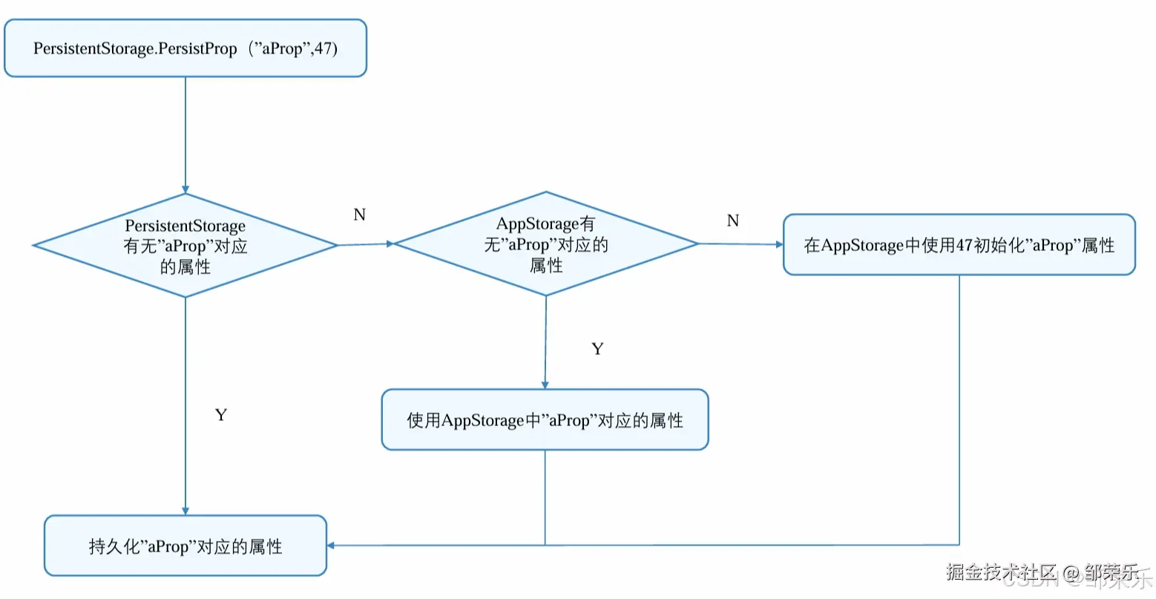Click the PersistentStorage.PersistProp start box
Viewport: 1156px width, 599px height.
(185, 49)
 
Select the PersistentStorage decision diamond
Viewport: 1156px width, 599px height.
(185, 246)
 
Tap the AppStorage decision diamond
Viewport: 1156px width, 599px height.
(546, 244)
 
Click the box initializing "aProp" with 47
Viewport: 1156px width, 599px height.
(959, 245)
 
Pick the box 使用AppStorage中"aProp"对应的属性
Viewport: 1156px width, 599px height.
(545, 420)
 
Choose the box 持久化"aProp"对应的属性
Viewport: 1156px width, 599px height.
(185, 546)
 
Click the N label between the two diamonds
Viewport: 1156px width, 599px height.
(360, 215)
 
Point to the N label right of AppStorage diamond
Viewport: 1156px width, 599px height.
(733, 221)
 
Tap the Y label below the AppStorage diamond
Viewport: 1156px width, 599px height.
(597, 349)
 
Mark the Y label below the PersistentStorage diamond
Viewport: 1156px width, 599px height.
(220, 415)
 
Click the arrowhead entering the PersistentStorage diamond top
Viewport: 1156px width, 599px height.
(185, 189)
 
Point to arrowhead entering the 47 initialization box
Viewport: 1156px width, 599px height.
(779, 244)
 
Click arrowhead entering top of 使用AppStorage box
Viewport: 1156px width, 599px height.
(545, 384)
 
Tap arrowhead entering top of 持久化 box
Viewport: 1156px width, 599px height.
(185, 511)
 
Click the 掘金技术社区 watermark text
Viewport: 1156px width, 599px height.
(1001, 572)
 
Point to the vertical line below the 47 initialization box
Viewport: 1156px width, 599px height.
(959, 408)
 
